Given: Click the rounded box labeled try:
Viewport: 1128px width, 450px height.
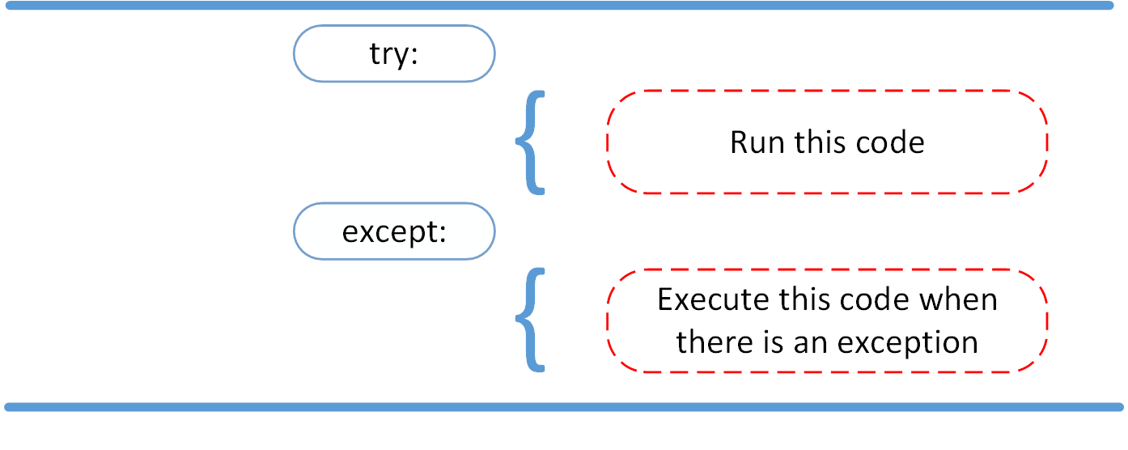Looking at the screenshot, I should [x=393, y=53].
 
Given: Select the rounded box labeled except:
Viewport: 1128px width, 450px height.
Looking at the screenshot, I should [x=393, y=231].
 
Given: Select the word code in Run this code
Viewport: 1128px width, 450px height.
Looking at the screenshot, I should [x=889, y=143].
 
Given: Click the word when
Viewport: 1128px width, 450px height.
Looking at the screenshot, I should [x=958, y=300].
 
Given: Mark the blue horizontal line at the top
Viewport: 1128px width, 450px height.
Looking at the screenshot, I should [x=563, y=6].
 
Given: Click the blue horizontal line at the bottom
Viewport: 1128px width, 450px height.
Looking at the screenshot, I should [x=563, y=406].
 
